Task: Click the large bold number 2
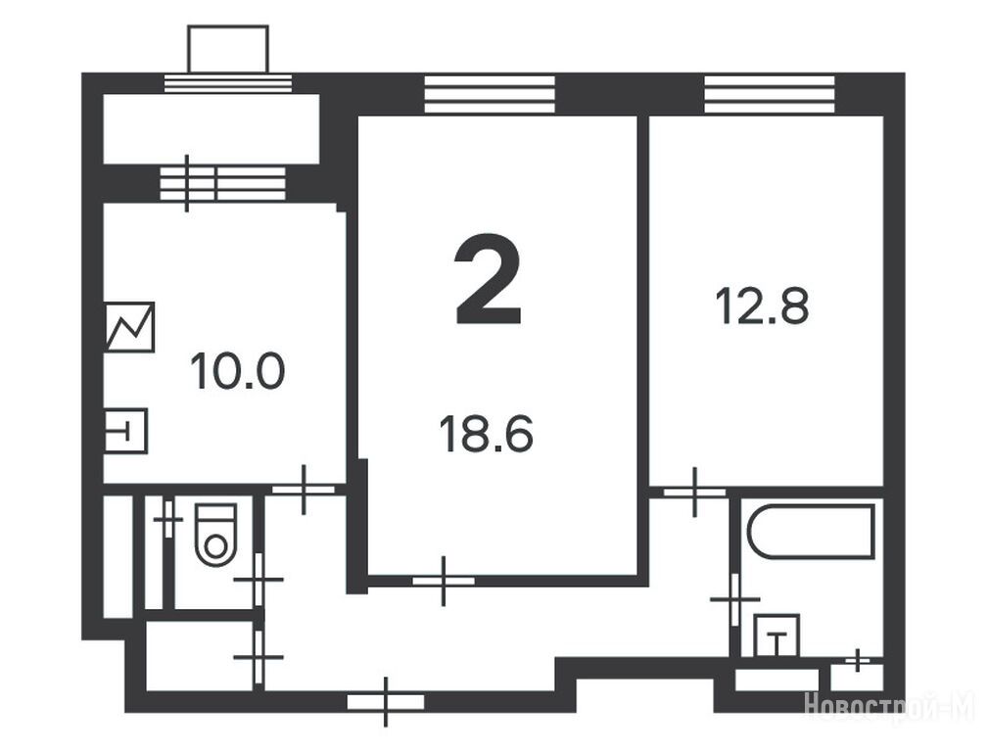tap(489, 279)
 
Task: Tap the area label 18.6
tap(487, 435)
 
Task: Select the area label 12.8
tap(763, 305)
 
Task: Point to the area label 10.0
tap(238, 371)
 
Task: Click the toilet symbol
tap(215, 535)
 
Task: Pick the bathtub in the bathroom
tap(812, 531)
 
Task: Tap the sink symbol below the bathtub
tap(776, 636)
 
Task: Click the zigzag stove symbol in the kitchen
tap(129, 326)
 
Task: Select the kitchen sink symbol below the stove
tap(126, 431)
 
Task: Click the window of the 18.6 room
tap(490, 95)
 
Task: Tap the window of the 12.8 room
tap(770, 95)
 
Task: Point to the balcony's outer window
tap(228, 83)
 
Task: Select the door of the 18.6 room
tap(444, 581)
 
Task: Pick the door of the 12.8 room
tap(695, 493)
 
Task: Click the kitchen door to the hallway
tap(304, 490)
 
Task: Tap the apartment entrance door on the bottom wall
tap(386, 701)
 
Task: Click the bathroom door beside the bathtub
tap(734, 599)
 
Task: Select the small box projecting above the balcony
tap(228, 49)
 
